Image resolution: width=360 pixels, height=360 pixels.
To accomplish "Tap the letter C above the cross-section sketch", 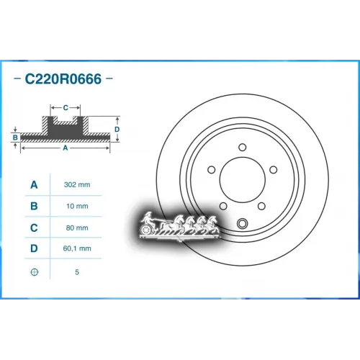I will click(66, 108).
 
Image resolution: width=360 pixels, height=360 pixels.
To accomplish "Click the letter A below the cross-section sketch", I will click(66, 148).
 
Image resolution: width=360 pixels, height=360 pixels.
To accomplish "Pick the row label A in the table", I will click(33, 185).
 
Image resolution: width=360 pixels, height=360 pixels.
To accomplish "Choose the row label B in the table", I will click(33, 207).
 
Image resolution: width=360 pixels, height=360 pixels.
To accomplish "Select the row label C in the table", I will click(33, 228).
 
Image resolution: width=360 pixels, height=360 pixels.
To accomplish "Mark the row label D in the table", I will click(33, 250).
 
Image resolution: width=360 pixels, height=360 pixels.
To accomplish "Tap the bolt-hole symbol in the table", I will click(33, 273).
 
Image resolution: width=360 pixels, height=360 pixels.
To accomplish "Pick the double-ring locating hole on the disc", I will click(243, 222).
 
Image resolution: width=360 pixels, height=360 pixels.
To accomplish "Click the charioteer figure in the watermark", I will click(148, 222).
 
